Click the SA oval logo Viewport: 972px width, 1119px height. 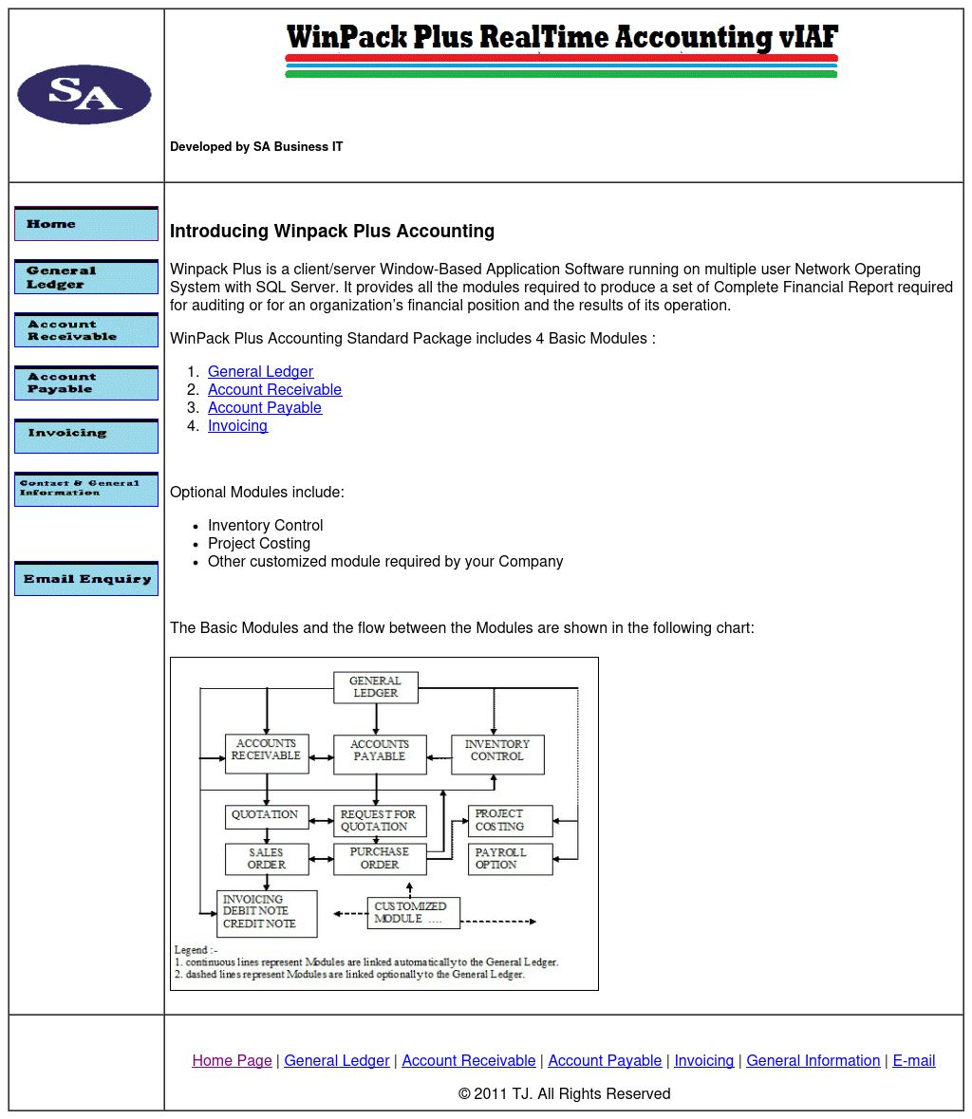coord(84,94)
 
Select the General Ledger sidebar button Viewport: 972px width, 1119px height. coord(86,277)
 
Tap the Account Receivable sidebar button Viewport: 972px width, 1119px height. coord(86,330)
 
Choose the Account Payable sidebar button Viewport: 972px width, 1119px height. coord(86,383)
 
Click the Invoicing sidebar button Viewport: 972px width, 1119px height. coord(86,436)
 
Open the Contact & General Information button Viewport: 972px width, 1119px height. coord(86,489)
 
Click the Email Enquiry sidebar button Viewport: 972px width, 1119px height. coord(86,579)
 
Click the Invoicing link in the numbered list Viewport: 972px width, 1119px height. coord(237,426)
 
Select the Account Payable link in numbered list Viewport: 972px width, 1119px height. coord(265,408)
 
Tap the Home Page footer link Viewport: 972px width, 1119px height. coord(232,1061)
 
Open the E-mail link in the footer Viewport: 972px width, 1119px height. coord(914,1061)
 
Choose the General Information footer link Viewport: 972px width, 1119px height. coord(813,1061)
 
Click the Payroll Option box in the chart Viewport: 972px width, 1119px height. coord(510,859)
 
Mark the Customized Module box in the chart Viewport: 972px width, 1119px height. coord(413,913)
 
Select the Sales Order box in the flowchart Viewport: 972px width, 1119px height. coord(267,859)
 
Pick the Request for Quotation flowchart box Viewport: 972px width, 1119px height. coord(380,821)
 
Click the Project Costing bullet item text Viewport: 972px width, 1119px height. coord(259,544)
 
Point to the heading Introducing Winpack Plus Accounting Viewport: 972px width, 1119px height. coord(332,232)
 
